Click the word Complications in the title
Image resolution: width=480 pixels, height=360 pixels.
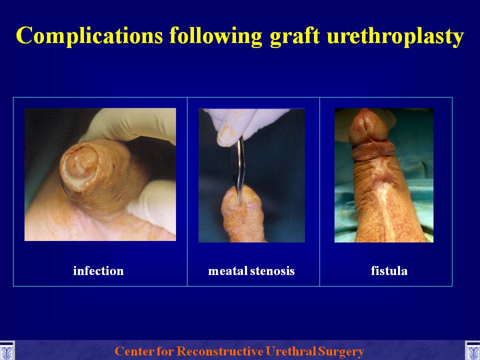coord(89,36)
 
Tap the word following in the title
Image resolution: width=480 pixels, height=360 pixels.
coord(216,36)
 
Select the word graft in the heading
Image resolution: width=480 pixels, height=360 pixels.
coord(295,35)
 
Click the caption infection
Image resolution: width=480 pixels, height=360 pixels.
coord(98,271)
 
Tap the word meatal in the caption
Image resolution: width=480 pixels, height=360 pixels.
coord(228,271)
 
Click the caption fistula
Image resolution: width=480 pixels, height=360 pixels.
coord(389,270)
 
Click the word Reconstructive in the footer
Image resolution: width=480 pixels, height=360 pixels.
coord(220,351)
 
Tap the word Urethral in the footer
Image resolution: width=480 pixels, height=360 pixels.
coord(291,351)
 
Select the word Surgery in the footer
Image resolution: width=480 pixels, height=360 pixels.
coord(341,351)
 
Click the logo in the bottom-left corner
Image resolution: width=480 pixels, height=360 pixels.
coord(6,351)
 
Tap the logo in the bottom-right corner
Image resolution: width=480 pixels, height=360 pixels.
coord(472,351)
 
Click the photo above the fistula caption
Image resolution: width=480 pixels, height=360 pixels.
coord(384,175)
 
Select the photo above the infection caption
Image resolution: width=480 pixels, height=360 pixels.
coord(100,174)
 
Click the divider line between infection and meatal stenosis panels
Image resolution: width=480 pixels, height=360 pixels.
coord(187,191)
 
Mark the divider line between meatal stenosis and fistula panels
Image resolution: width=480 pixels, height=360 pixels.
coord(319,191)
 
